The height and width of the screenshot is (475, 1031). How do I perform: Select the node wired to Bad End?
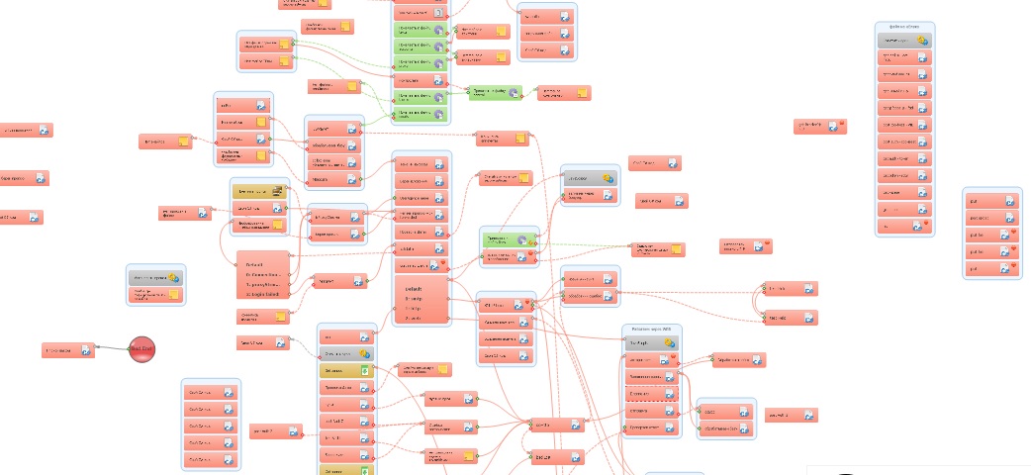(x=68, y=349)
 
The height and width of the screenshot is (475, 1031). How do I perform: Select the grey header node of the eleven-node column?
(x=904, y=41)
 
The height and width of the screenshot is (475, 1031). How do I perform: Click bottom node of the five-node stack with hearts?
(x=990, y=268)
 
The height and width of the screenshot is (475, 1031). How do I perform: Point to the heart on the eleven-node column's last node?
(x=922, y=227)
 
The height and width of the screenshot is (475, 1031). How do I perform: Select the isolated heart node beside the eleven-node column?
(x=820, y=126)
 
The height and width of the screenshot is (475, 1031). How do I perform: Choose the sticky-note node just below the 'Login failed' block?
(x=262, y=317)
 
